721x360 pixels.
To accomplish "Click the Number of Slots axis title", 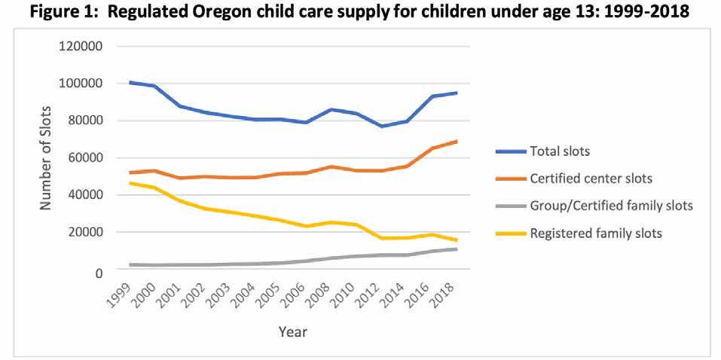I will [47, 158].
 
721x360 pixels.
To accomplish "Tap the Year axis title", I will [292, 331].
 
